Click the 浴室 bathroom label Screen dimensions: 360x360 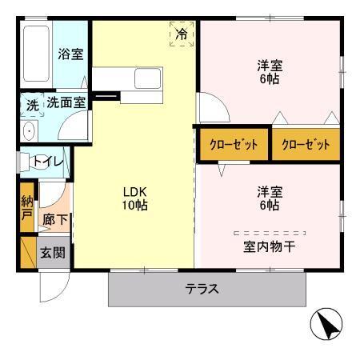[71, 54]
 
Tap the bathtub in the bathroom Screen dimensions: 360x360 [35, 54]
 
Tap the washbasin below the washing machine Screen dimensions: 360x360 [30, 131]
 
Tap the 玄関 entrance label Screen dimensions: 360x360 [54, 254]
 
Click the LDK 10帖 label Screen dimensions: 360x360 [135, 198]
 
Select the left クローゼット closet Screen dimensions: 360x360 [234, 145]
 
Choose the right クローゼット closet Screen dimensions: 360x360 [306, 145]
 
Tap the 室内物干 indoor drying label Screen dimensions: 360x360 [269, 246]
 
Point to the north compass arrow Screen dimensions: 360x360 [325, 325]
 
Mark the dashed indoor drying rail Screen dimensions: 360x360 [269, 232]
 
